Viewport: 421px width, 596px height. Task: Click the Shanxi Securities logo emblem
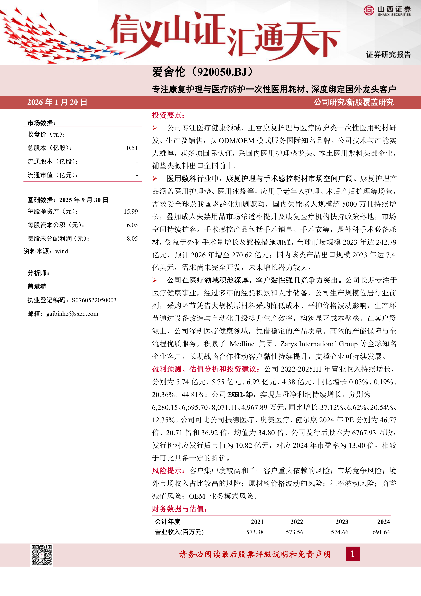pyautogui.click(x=369, y=10)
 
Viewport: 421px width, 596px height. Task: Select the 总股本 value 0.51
pyautogui.click(x=132, y=148)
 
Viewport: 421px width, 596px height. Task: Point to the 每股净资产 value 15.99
pyautogui.click(x=131, y=212)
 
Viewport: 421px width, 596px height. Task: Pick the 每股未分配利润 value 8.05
pyautogui.click(x=132, y=239)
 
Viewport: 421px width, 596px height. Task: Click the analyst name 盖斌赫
pyautogui.click(x=37, y=287)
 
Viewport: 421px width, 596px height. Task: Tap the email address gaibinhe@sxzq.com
pyautogui.click(x=72, y=314)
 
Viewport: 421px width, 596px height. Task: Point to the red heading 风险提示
pyautogui.click(x=168, y=471)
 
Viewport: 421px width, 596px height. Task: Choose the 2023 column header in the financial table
pyautogui.click(x=342, y=522)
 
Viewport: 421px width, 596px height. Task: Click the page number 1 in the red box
pyautogui.click(x=353, y=554)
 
